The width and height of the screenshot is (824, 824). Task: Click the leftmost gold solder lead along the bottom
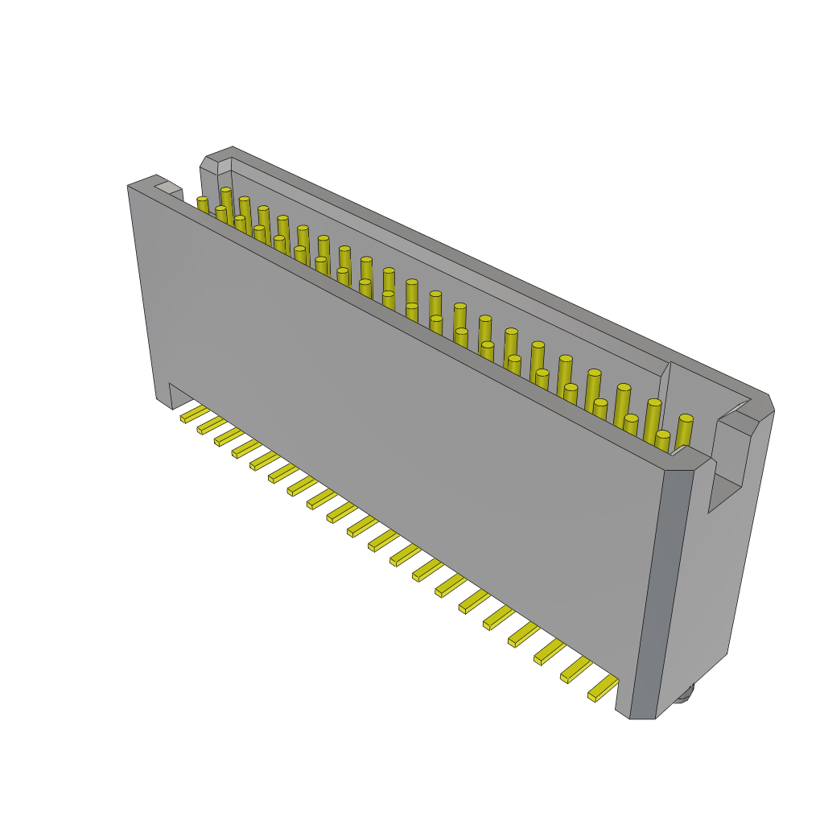[194, 414]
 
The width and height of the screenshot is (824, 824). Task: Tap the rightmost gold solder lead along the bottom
[604, 688]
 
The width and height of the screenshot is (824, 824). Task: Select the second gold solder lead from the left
[212, 425]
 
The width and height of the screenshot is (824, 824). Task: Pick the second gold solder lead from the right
[576, 669]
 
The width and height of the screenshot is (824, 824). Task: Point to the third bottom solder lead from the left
[229, 436]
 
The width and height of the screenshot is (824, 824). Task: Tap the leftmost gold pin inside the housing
[203, 205]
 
